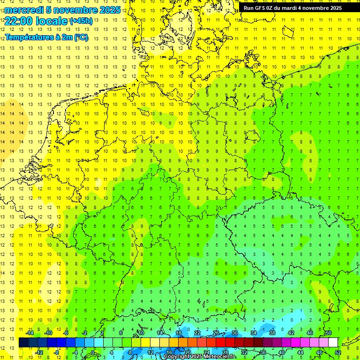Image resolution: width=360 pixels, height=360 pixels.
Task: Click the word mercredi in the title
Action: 24,10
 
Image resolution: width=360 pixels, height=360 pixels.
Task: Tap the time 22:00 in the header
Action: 19,21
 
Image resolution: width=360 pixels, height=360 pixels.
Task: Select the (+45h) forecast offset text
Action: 81,21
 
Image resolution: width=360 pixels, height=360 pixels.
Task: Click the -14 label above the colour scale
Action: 29,333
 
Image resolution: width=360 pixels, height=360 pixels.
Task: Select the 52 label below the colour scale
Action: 337,352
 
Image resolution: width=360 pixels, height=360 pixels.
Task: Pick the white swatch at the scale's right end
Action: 333,343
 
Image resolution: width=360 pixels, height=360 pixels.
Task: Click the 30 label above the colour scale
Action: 234,333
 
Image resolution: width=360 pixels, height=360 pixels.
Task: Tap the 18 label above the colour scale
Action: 179,333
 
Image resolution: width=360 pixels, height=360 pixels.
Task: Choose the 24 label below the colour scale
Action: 207,352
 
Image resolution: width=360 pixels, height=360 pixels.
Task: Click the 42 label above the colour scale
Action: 291,333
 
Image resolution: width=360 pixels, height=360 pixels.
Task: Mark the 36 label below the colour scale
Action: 263,352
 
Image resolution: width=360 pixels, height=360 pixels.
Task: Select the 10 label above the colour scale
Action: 141,333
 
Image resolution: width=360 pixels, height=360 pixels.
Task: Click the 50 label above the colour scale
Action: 328,333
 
